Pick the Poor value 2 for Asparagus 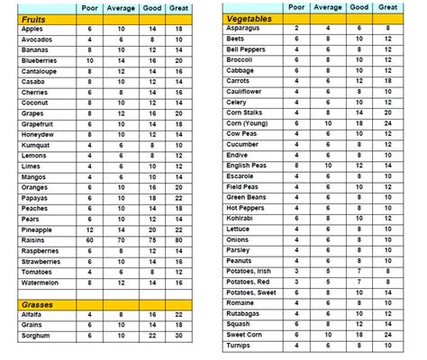pos(297,29)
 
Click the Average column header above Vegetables pos(328,7)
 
